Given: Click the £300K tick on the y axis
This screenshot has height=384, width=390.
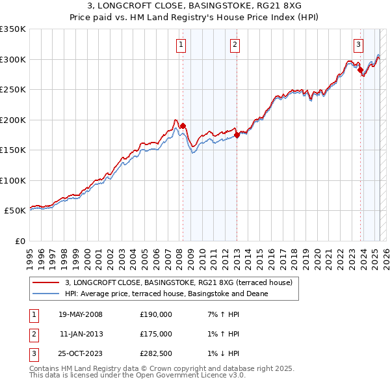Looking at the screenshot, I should (12, 59).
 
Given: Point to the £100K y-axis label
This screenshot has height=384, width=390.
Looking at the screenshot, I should (12, 180).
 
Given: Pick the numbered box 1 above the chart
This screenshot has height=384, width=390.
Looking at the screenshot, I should (180, 45).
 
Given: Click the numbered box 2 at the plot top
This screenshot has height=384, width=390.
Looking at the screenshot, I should (234, 45).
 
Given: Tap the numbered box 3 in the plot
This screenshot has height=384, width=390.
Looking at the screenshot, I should (358, 45).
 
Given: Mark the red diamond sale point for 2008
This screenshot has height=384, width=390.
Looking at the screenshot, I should (183, 126).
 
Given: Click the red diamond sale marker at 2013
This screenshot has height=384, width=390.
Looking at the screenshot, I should (237, 135).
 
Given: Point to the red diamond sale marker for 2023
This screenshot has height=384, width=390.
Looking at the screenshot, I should (360, 70).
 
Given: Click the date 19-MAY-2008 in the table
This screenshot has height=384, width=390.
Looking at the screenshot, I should (81, 314).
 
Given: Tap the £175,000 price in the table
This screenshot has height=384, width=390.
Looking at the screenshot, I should (156, 333).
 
